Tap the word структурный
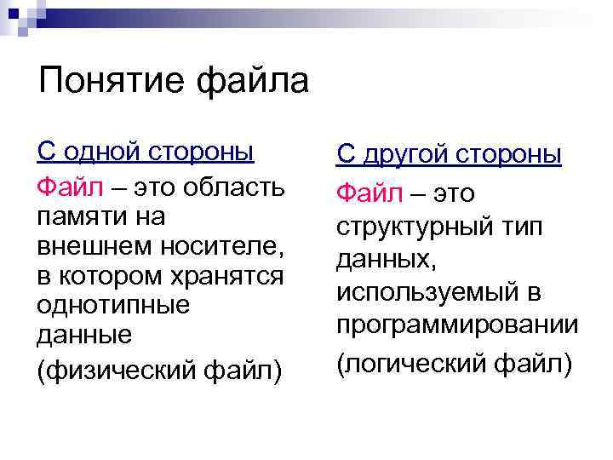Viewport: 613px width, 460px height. tap(417, 227)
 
